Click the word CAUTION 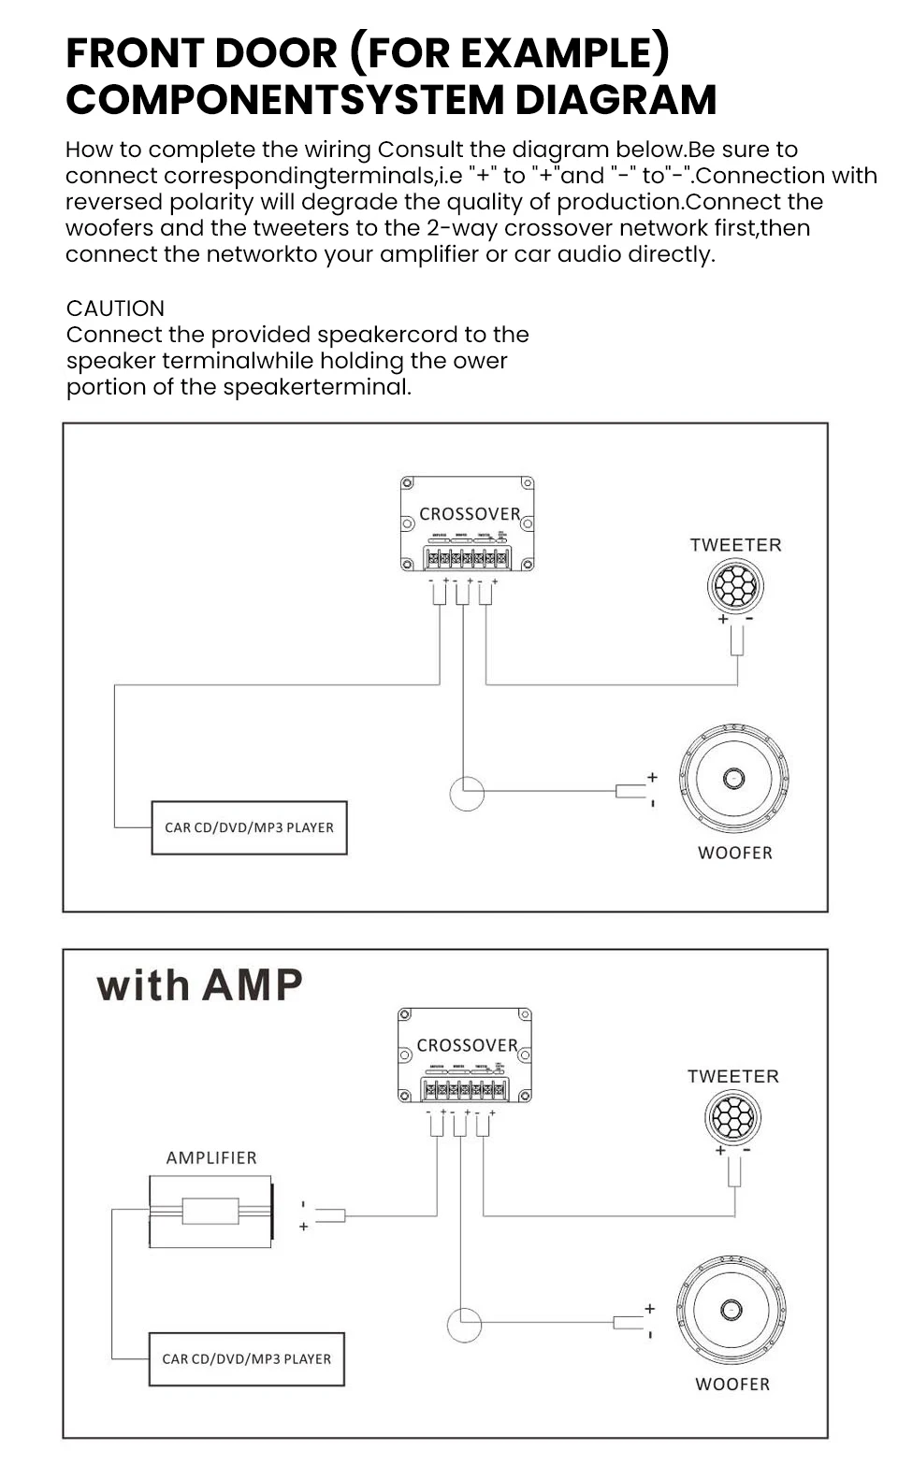[x=115, y=309]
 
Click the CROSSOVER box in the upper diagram [x=468, y=524]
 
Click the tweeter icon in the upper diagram [x=735, y=586]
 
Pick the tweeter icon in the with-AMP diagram [x=732, y=1117]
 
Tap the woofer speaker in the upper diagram [x=734, y=778]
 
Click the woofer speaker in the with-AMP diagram [x=731, y=1310]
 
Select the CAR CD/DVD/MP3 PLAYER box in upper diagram [x=249, y=827]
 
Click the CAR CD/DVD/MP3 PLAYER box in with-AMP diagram [x=246, y=1359]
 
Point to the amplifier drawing [x=211, y=1212]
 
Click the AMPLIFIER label [x=211, y=1157]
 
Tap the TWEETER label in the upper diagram [x=735, y=545]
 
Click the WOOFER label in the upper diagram [x=735, y=853]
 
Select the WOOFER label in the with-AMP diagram [x=732, y=1384]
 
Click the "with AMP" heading [x=199, y=985]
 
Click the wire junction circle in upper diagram [x=467, y=794]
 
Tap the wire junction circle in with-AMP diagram [x=464, y=1325]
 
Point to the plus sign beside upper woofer [x=652, y=777]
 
